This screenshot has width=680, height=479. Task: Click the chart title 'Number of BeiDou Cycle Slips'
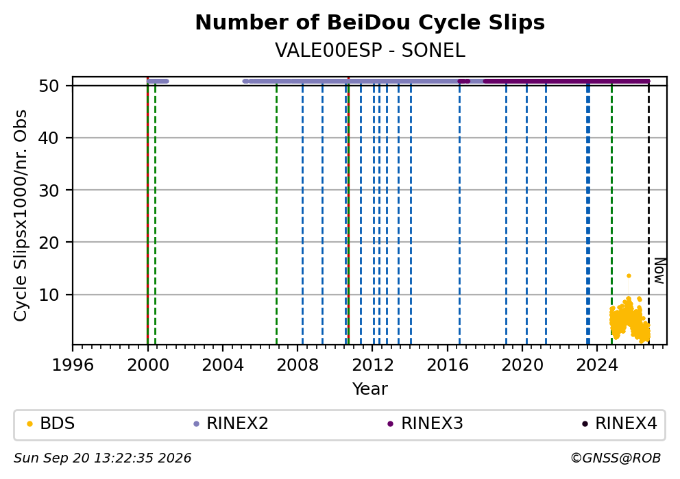[x=370, y=23]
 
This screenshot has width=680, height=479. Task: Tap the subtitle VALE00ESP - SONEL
[x=370, y=51]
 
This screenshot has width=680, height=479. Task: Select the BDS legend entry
[x=51, y=423]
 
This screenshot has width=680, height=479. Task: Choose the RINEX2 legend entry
[x=231, y=423]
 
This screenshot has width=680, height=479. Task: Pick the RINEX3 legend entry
[x=426, y=423]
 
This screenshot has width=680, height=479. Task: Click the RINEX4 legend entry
[x=620, y=423]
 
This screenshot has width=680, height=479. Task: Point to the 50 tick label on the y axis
[x=49, y=86]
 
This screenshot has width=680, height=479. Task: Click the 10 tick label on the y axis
[x=49, y=295]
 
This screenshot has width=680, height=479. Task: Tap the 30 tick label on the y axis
[x=49, y=191]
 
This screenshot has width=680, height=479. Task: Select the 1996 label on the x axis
[x=73, y=365]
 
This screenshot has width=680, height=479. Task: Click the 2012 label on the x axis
[x=372, y=365]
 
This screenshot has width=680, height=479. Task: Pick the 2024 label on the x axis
[x=597, y=365]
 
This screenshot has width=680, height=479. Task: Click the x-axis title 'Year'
[x=370, y=389]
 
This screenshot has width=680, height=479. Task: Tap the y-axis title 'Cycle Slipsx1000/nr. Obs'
[x=21, y=215]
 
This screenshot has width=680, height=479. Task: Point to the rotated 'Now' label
[x=659, y=271]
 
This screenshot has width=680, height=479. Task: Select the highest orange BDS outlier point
[x=629, y=275]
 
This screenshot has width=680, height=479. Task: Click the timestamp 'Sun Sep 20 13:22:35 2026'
[x=102, y=458]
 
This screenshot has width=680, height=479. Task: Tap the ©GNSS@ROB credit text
[x=616, y=458]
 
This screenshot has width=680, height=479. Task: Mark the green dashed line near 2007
[x=277, y=215]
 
